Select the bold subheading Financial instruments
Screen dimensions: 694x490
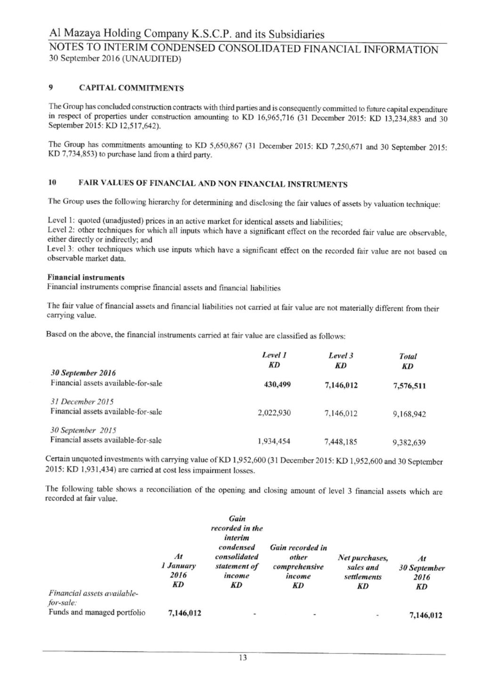click(x=85, y=277)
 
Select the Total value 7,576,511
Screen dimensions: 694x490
click(x=409, y=386)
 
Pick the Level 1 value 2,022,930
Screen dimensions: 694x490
click(x=274, y=413)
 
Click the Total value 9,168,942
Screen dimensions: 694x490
click(x=409, y=414)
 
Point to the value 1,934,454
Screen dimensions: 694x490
click(x=274, y=441)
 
